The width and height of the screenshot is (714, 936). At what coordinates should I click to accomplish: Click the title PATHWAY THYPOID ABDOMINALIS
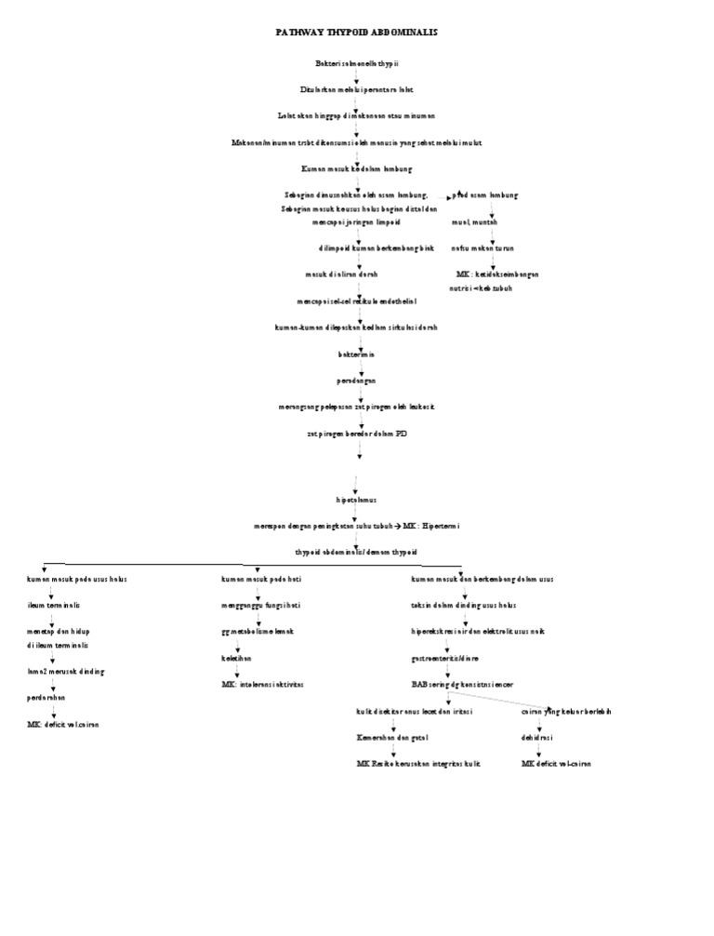(x=357, y=32)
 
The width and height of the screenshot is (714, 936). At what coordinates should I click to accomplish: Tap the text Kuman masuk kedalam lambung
(x=357, y=169)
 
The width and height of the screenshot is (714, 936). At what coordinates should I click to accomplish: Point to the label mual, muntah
(x=474, y=222)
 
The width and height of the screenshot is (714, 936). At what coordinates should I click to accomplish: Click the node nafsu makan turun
(x=483, y=248)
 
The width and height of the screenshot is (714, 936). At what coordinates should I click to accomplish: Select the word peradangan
(x=357, y=381)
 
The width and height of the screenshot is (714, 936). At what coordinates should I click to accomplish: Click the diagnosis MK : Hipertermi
(x=431, y=526)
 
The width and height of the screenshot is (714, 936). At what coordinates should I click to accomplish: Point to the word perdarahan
(x=46, y=696)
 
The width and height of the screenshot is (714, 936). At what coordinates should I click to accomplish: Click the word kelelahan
(x=236, y=657)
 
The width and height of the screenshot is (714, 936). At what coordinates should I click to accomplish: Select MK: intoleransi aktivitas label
(x=262, y=684)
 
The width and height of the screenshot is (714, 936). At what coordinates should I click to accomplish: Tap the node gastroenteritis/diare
(x=445, y=658)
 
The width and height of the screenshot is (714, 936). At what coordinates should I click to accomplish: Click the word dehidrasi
(x=538, y=737)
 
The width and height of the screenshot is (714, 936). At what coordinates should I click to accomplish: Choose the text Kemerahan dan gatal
(x=393, y=737)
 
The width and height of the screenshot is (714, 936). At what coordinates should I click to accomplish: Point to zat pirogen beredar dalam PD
(x=357, y=434)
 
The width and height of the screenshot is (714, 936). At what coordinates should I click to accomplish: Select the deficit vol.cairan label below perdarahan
(x=63, y=723)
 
